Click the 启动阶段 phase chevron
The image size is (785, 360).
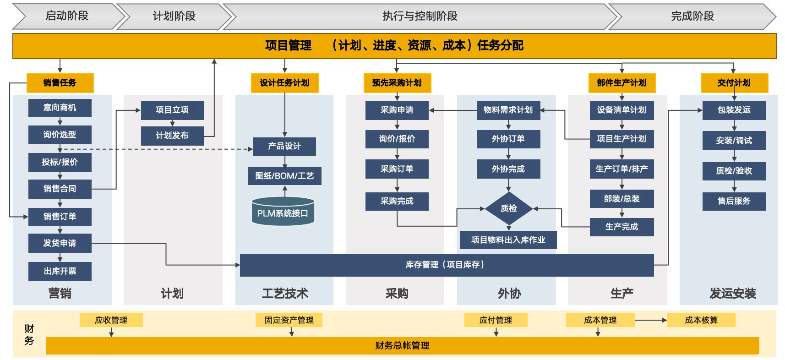point(67,16)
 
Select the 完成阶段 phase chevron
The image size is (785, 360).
point(692,16)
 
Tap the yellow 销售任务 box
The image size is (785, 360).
point(60,83)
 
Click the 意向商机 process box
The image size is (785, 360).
point(60,108)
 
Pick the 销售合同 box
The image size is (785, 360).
point(60,189)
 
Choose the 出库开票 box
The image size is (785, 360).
point(60,271)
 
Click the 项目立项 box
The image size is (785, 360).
point(172,110)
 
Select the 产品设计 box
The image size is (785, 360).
point(284,146)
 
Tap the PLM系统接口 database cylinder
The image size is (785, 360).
point(283,213)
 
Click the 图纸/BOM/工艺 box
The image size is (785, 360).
point(284,176)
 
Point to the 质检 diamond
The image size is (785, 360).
point(508,208)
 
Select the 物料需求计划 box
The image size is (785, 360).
point(508,110)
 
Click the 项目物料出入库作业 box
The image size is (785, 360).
point(508,240)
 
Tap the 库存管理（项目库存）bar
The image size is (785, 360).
point(447,265)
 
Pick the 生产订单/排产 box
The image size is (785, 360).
point(621,169)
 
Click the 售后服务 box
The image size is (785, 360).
point(734,201)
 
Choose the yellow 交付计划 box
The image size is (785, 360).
point(734,83)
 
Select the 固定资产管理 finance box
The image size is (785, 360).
point(289,320)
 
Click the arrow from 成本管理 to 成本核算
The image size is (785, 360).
point(650,320)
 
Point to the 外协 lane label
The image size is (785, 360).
point(509,294)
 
